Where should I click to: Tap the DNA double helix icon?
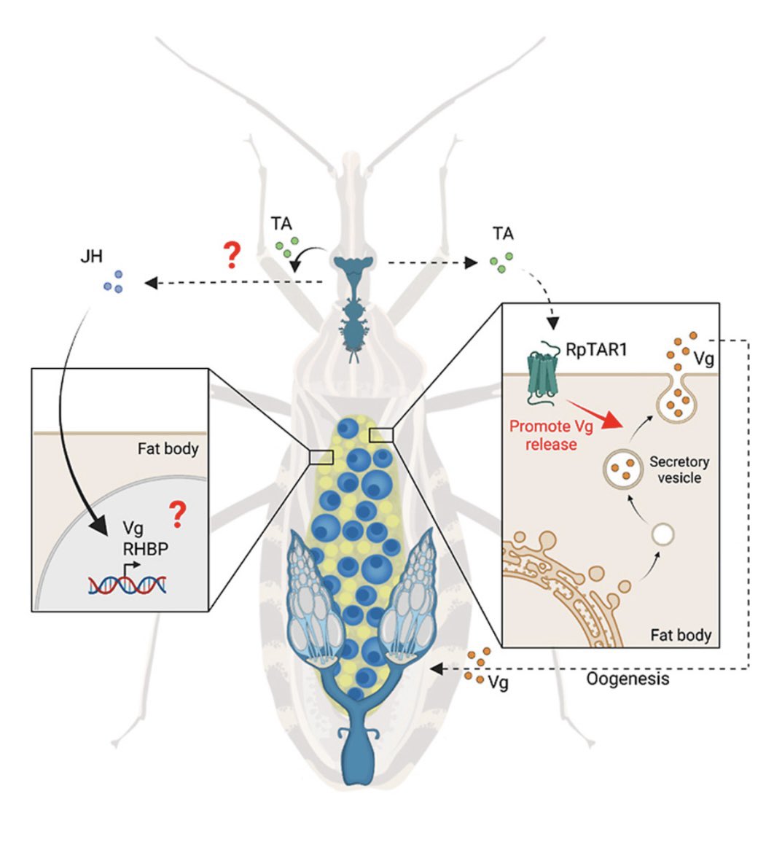click(x=128, y=582)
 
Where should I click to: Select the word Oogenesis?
click(x=628, y=679)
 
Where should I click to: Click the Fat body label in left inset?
click(x=168, y=448)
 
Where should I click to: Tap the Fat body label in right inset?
click(x=680, y=634)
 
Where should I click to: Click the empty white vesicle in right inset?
click(x=662, y=534)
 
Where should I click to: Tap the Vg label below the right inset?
click(x=498, y=683)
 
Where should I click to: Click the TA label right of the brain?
click(x=502, y=234)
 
